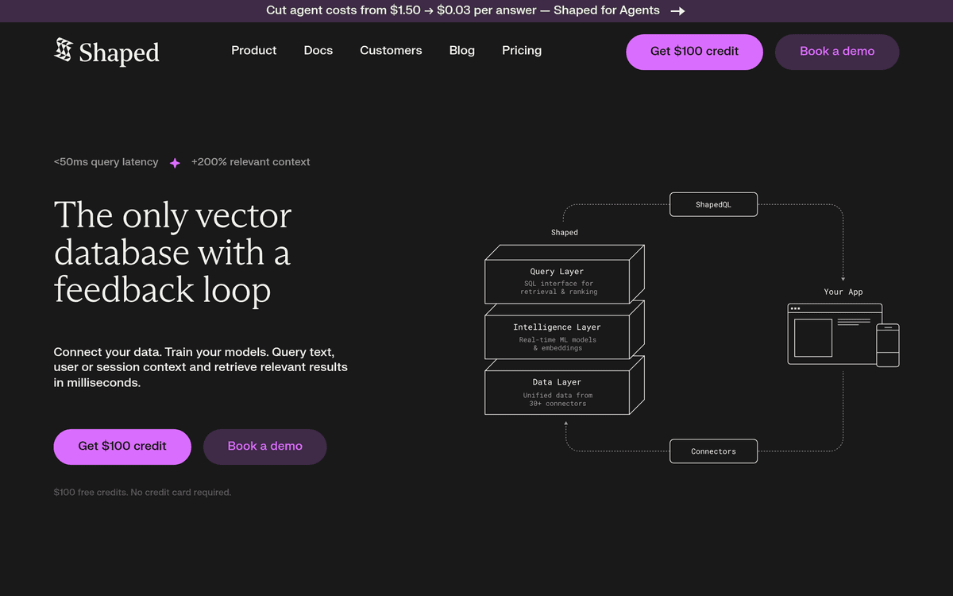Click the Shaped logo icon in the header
click(64, 49)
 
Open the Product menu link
click(253, 51)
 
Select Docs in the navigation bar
click(318, 51)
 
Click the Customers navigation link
click(391, 51)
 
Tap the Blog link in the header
click(462, 51)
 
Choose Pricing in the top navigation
click(522, 51)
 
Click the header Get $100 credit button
click(694, 52)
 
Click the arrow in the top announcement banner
click(677, 11)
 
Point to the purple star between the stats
click(175, 163)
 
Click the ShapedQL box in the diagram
click(713, 205)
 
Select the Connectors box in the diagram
click(713, 451)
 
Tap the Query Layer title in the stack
click(557, 272)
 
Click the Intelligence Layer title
click(557, 327)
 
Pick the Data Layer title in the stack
click(557, 382)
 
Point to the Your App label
click(843, 292)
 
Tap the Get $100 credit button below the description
click(122, 447)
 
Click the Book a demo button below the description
click(264, 447)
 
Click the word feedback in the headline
click(124, 289)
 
